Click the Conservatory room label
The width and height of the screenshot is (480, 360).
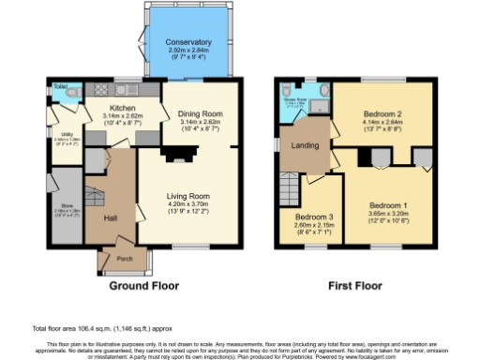click(x=189, y=43)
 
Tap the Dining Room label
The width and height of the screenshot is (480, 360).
click(x=198, y=113)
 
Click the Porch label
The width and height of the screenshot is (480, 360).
click(x=123, y=256)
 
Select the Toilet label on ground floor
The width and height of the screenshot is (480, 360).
click(x=60, y=85)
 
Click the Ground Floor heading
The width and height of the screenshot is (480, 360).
click(x=146, y=284)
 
